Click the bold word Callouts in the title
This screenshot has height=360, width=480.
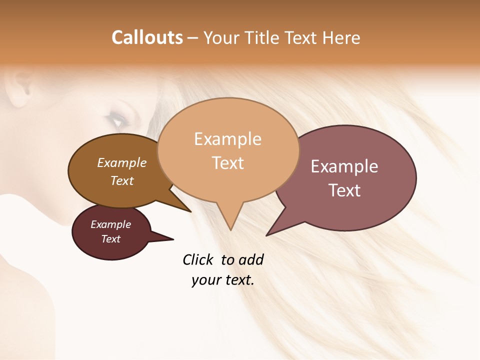pos(147,37)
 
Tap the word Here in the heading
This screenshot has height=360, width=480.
pos(342,37)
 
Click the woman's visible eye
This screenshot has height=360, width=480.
pos(116,120)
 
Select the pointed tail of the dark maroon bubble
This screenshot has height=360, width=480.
pos(167,238)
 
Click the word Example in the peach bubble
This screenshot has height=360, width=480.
pos(227,139)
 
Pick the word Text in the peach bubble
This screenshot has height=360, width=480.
pos(227,163)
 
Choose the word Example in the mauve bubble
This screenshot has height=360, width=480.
pos(344,166)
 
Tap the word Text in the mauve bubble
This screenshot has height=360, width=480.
pos(344,190)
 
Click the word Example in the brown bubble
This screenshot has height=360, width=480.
pos(122,162)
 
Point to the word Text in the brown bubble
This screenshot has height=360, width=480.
pos(122,180)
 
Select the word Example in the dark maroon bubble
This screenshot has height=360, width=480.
pos(110,224)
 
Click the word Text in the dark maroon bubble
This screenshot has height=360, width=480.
pos(110,239)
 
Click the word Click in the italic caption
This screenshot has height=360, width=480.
pos(198,259)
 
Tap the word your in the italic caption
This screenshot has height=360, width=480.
pos(205,280)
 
